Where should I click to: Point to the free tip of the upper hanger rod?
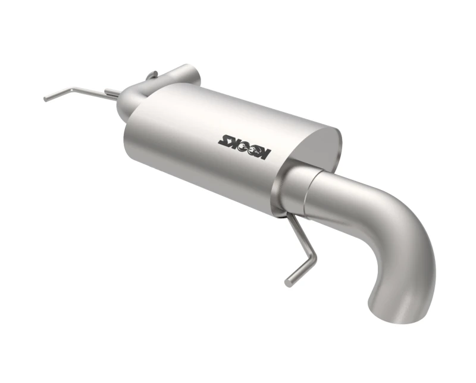pyautogui.click(x=46, y=99)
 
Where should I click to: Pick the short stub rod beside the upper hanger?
pyautogui.click(x=112, y=92)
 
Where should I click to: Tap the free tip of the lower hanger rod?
pyautogui.click(x=287, y=283)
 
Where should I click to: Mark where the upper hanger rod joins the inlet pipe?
pyautogui.click(x=119, y=95)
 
